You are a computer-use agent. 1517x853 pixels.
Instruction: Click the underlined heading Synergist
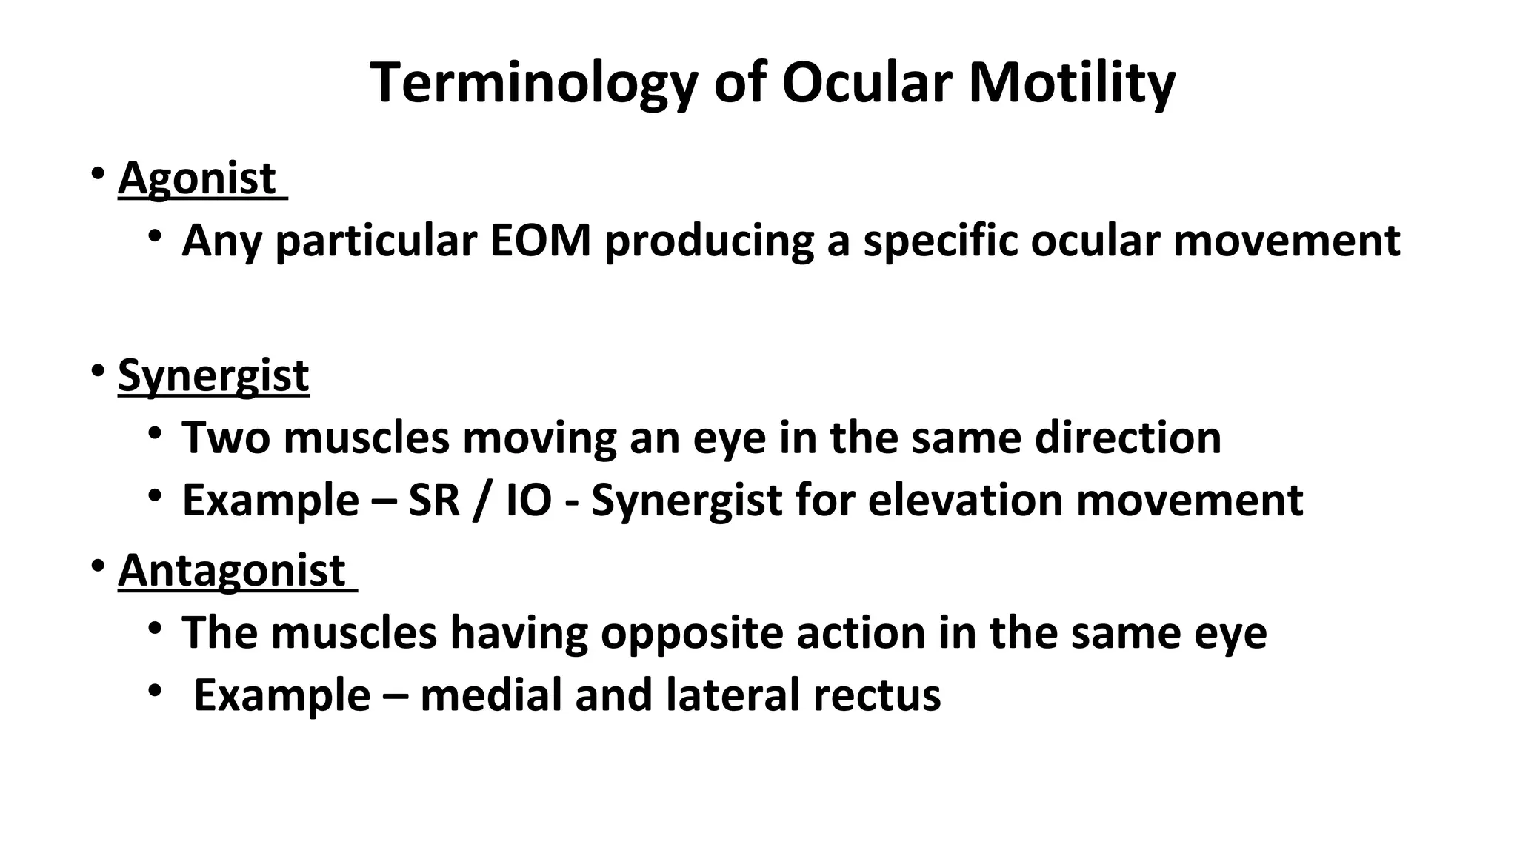coord(213,375)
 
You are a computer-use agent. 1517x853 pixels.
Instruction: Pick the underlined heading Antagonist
coord(232,571)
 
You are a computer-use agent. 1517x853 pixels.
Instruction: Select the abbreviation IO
coord(529,500)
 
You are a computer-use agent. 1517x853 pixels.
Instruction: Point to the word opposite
coord(691,633)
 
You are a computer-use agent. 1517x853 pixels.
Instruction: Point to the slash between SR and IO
coord(482,500)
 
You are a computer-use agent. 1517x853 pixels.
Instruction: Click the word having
coord(519,633)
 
